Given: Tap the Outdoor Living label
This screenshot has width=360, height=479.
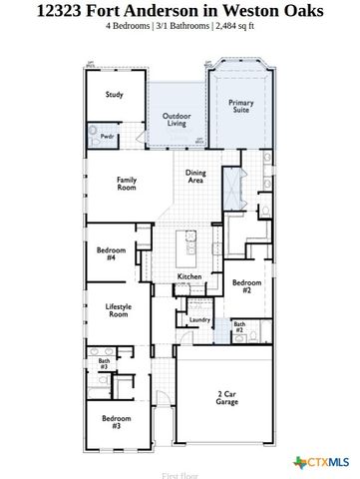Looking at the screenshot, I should [x=177, y=121].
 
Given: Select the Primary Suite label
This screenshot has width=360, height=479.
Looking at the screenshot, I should [x=241, y=106].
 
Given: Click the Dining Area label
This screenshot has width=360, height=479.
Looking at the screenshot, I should [x=196, y=178].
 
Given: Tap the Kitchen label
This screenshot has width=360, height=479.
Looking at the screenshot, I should [x=189, y=276].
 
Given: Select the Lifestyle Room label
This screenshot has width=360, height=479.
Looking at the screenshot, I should [x=119, y=309].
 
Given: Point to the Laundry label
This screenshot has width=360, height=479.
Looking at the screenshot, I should [x=199, y=319].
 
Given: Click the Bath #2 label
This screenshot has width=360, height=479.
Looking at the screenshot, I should [x=239, y=326].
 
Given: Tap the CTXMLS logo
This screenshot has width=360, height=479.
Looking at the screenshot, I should [x=321, y=461].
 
